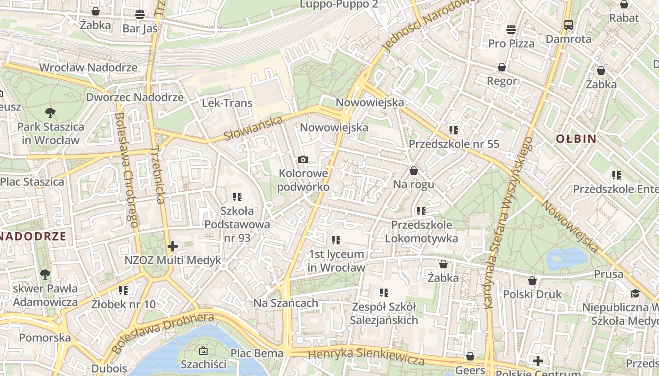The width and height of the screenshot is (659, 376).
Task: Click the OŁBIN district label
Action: (576, 139)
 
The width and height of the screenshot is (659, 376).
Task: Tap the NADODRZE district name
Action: (32, 236)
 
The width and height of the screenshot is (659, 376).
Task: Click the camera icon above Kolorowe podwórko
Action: (303, 160)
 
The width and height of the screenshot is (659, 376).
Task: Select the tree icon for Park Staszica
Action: (50, 112)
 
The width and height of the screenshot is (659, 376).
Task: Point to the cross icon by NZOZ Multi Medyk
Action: (173, 246)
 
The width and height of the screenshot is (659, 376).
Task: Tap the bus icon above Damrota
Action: (569, 24)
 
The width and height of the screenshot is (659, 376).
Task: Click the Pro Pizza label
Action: (511, 44)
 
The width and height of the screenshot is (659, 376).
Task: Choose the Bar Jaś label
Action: (140, 29)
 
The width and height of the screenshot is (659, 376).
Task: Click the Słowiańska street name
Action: (253, 128)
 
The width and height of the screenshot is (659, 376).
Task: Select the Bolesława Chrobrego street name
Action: (127, 169)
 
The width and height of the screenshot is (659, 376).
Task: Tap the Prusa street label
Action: (608, 274)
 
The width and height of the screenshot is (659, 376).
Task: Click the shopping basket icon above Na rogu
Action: (413, 170)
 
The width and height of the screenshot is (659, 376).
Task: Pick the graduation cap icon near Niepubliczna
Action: (635, 293)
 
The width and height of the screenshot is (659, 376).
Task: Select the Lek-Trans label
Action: (227, 103)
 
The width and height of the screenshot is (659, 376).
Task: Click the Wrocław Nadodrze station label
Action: (88, 67)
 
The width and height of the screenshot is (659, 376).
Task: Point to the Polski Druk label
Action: (532, 294)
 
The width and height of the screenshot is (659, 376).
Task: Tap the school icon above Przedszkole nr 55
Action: (454, 130)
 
